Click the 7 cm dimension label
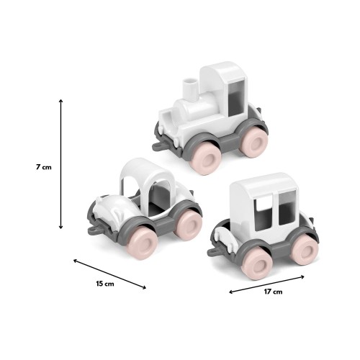point(44,167)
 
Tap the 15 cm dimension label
point(105,284)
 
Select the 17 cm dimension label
point(273,292)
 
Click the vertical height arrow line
point(61,163)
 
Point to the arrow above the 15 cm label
point(109,274)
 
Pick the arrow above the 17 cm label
point(266,284)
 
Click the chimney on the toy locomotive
point(192,88)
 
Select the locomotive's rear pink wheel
point(253,143)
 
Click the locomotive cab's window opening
point(238,97)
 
